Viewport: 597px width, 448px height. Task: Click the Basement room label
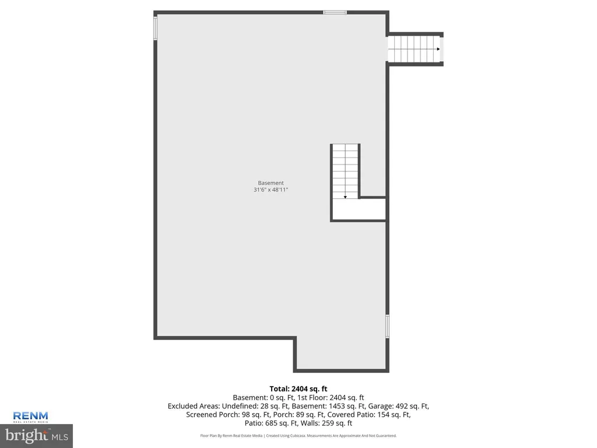[x=271, y=183]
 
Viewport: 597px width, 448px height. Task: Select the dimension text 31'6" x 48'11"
[x=271, y=190]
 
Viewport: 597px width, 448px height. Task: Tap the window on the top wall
[x=335, y=13]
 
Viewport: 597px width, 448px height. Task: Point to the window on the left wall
[x=155, y=29]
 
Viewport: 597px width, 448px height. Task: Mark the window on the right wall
[x=387, y=326]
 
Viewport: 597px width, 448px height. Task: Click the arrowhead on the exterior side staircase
[x=438, y=49]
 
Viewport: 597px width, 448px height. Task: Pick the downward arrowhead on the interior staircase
[x=345, y=197]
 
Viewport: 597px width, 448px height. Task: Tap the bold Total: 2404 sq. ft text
[x=298, y=389]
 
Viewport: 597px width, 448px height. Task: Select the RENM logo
[x=30, y=416]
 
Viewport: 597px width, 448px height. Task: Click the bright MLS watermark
[x=37, y=435]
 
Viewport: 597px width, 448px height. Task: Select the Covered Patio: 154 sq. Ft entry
[x=369, y=415]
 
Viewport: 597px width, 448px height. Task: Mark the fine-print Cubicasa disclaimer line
[x=298, y=435]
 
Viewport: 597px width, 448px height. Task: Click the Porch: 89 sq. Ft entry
[x=299, y=415]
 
